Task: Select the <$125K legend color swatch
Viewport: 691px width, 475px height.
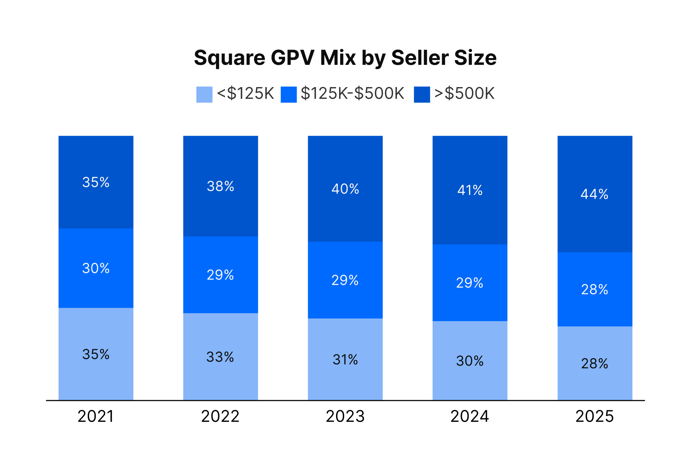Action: [x=204, y=94]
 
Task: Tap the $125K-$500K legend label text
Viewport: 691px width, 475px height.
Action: [x=352, y=94]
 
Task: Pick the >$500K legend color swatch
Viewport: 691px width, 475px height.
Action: [x=422, y=94]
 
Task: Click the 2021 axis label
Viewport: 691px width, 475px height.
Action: [x=96, y=416]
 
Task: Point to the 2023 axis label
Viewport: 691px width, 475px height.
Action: [x=345, y=416]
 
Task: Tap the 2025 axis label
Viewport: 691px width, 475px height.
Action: [x=595, y=416]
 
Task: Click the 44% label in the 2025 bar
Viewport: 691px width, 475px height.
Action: [x=595, y=194]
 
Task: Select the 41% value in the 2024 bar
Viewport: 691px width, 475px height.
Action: [x=470, y=190]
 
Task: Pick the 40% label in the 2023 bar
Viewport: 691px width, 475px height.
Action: [x=345, y=189]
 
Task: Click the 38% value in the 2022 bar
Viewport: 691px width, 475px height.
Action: [x=220, y=186]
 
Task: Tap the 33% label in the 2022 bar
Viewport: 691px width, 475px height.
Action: [x=220, y=357]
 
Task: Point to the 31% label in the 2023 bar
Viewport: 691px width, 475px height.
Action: [x=345, y=360]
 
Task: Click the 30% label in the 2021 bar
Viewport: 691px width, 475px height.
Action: [x=96, y=268]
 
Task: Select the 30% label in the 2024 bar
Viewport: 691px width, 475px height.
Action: [x=470, y=361]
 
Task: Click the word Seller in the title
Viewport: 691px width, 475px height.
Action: [x=420, y=58]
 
